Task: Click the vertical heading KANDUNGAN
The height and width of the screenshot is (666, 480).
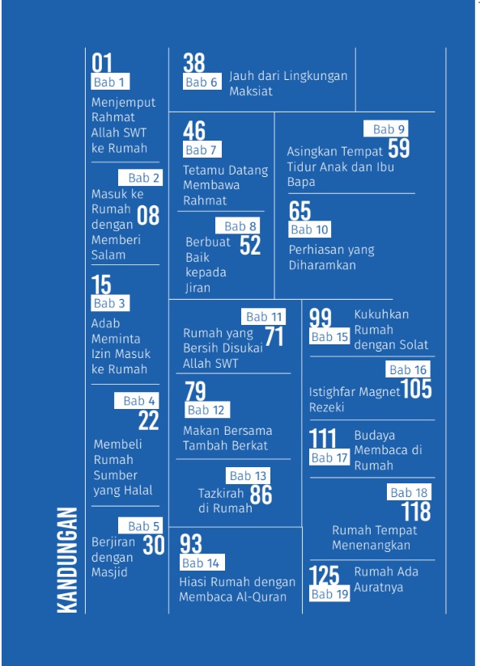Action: (67, 559)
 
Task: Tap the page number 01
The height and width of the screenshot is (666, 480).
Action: (102, 63)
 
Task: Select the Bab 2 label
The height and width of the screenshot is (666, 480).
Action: (144, 178)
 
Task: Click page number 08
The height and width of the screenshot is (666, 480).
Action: (148, 215)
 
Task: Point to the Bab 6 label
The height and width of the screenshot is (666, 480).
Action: (202, 82)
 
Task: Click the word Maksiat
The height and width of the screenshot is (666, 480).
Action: (250, 91)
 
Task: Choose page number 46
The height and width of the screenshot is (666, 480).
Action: (194, 130)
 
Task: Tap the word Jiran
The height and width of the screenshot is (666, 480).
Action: (198, 288)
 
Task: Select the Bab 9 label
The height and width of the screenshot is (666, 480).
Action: (389, 129)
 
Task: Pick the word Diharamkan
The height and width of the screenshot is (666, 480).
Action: (322, 265)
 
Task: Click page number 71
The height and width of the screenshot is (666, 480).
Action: (274, 336)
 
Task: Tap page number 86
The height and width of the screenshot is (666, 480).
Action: (261, 494)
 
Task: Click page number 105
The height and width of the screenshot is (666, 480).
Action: (416, 390)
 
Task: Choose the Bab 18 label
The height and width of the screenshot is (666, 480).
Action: (409, 492)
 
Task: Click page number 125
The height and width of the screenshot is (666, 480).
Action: (324, 575)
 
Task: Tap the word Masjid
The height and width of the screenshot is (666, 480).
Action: (109, 573)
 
